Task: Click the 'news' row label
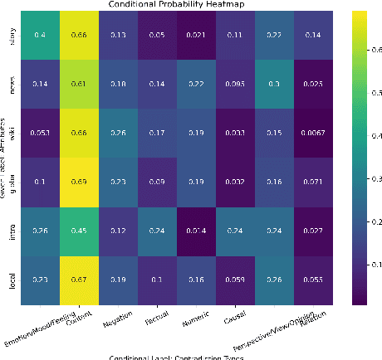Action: point(12,85)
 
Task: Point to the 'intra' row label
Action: point(12,232)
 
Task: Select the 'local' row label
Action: point(12,281)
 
